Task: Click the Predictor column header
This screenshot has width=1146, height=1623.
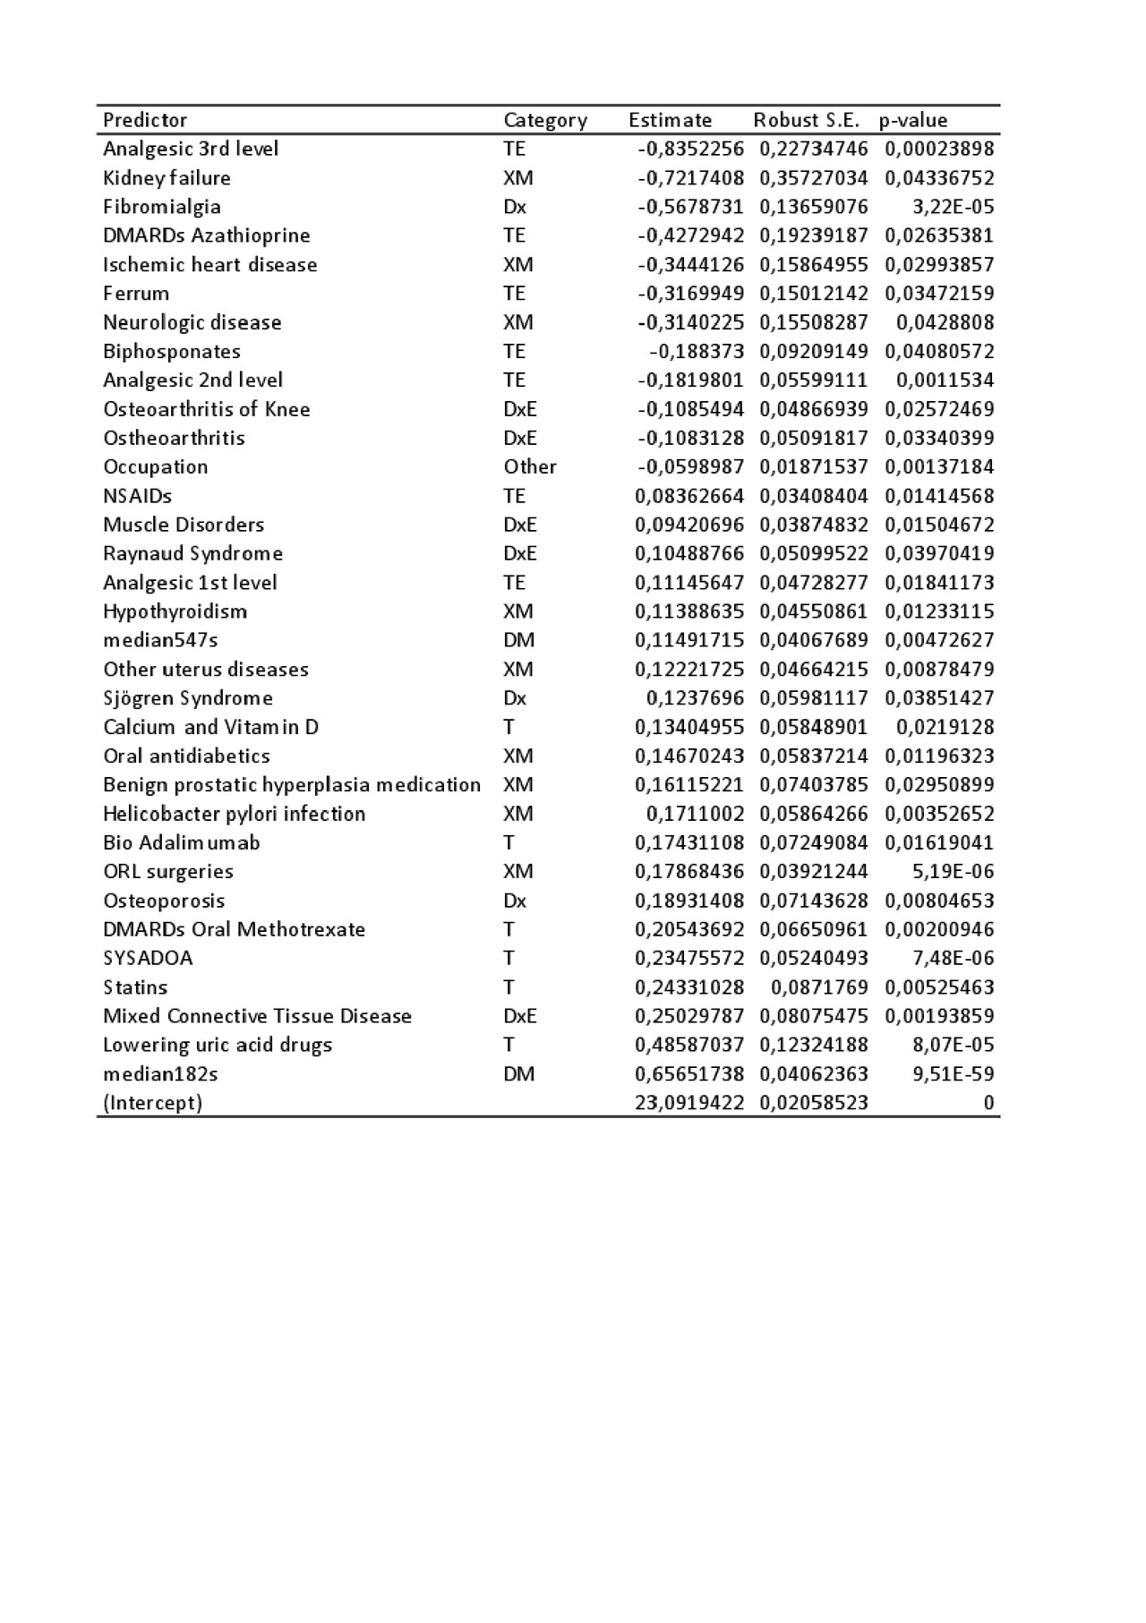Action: pyautogui.click(x=145, y=120)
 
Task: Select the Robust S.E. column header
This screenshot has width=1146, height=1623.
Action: pyautogui.click(x=806, y=120)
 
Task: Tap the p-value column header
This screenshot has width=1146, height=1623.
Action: pyautogui.click(x=912, y=120)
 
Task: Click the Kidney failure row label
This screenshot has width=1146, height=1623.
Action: pyautogui.click(x=167, y=178)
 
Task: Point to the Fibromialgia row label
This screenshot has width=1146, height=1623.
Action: pyautogui.click(x=161, y=207)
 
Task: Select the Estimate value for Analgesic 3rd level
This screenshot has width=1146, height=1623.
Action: pyautogui.click(x=690, y=149)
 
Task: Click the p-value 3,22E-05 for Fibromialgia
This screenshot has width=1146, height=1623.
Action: pyautogui.click(x=953, y=207)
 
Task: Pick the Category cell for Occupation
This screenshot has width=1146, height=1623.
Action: pyautogui.click(x=529, y=466)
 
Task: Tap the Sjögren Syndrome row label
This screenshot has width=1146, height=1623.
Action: pyautogui.click(x=188, y=698)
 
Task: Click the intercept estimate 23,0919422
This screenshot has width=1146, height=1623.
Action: pyautogui.click(x=689, y=1103)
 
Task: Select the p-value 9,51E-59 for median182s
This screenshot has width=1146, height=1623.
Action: pyautogui.click(x=953, y=1073)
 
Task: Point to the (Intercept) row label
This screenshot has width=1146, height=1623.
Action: pyautogui.click(x=152, y=1103)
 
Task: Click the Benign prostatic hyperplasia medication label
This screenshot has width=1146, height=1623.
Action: pyautogui.click(x=292, y=785)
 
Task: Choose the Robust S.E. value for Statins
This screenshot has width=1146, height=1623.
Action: pyautogui.click(x=819, y=987)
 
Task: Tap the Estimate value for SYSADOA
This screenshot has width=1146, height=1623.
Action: pyautogui.click(x=689, y=958)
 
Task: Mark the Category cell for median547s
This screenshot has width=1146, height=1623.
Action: pyautogui.click(x=518, y=640)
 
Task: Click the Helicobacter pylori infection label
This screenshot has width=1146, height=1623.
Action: pyautogui.click(x=234, y=814)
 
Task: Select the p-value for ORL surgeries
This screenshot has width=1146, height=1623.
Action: pyautogui.click(x=953, y=871)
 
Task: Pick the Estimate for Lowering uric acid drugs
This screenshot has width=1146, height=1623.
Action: pyautogui.click(x=689, y=1045)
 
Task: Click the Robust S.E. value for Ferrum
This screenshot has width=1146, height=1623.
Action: pyautogui.click(x=814, y=294)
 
